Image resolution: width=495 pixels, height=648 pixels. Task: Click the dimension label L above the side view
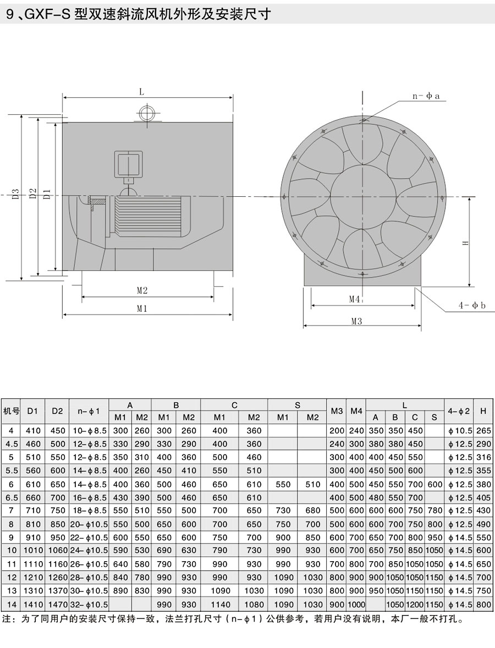pos(141,92)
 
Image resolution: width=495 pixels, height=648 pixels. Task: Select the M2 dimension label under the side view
pos(142,291)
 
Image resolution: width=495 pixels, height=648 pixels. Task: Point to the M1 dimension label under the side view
pos(142,308)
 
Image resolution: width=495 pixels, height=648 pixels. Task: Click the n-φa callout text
pos(426,96)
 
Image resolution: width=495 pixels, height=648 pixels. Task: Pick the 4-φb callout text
pos(471,306)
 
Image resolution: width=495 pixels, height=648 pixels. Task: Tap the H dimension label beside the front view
pos(466,243)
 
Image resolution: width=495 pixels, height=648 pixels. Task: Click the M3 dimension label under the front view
pos(356,321)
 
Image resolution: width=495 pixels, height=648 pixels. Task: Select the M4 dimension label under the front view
pos(355,299)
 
